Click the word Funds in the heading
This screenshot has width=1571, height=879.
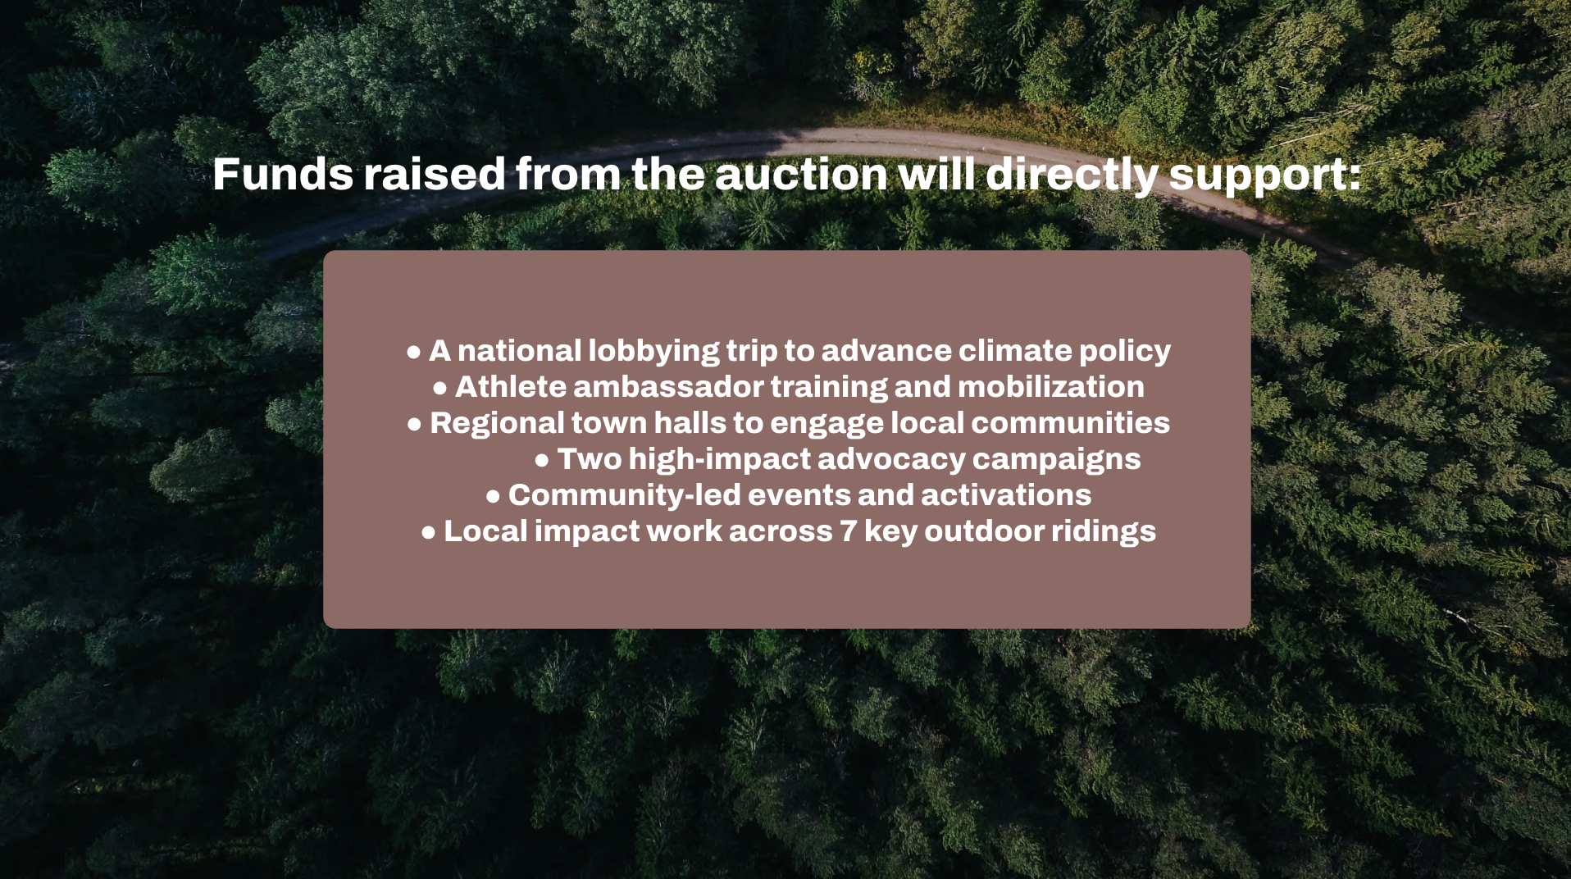283,174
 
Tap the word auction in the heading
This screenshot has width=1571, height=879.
801,175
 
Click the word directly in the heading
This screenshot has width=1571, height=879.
1072,175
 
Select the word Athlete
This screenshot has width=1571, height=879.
510,387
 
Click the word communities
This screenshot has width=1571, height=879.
1071,423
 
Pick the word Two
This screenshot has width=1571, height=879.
590,459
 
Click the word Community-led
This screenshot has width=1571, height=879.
625,496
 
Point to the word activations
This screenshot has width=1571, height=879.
1006,495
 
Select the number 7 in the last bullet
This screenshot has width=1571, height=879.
848,532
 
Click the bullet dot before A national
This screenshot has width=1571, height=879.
414,353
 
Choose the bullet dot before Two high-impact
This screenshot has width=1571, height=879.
542,461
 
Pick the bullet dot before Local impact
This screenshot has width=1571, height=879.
428,533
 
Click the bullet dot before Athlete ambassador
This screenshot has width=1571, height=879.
440,389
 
